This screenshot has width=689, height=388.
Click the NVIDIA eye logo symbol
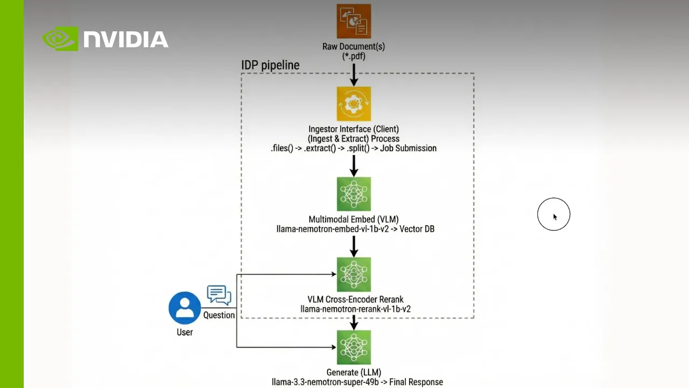click(x=60, y=39)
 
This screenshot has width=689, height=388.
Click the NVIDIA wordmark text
click(x=126, y=39)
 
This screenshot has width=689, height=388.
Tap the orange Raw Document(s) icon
click(x=354, y=21)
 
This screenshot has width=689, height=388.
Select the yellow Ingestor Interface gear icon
click(x=354, y=103)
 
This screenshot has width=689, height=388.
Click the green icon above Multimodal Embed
click(x=354, y=194)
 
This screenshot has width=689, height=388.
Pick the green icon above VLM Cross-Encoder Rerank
click(x=354, y=274)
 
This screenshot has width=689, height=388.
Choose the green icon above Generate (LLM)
click(x=354, y=348)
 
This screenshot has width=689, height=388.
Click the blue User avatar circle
click(x=185, y=308)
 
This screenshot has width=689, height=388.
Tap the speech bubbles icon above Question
click(x=219, y=295)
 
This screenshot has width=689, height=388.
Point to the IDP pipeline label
click(x=270, y=65)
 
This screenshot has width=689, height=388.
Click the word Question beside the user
click(x=219, y=315)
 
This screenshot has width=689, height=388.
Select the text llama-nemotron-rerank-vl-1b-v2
click(x=355, y=309)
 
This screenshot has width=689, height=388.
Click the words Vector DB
click(x=417, y=229)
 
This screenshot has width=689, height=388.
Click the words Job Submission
click(x=408, y=148)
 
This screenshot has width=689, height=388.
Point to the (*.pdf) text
click(x=354, y=56)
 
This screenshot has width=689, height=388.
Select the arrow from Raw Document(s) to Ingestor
click(x=354, y=74)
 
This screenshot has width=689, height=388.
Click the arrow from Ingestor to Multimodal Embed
click(x=354, y=165)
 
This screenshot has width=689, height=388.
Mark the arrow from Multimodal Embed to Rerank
click(x=354, y=246)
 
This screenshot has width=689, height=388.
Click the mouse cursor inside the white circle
click(x=554, y=216)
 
